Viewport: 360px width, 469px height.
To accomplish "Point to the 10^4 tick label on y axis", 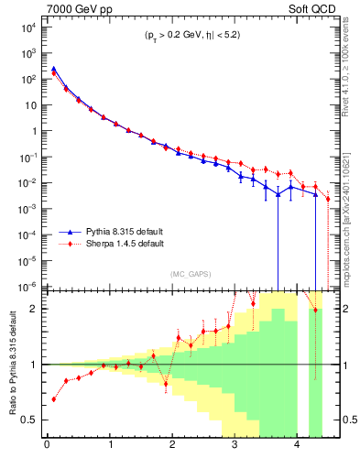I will (x=27, y=27).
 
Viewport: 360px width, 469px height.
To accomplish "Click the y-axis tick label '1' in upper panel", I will (x=33, y=131).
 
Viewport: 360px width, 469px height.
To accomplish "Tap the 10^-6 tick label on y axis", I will (x=27, y=286).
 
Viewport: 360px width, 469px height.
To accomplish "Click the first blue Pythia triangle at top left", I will (x=53, y=69).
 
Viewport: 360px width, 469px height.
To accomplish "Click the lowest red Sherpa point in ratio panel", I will (x=53, y=399).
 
